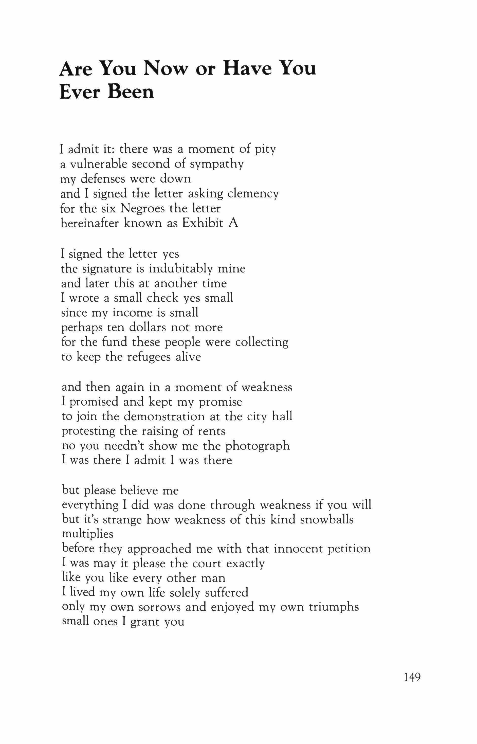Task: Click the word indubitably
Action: pyautogui.click(x=181, y=268)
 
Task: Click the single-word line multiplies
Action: pyautogui.click(x=88, y=534)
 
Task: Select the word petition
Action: pyautogui.click(x=349, y=549)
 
